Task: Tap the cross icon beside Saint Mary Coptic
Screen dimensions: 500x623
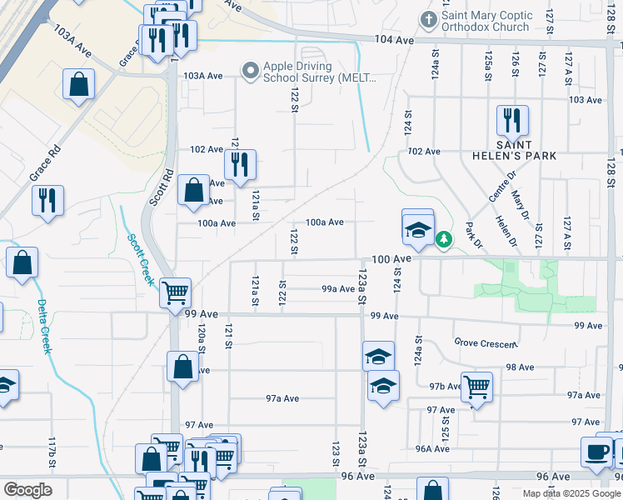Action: (x=429, y=18)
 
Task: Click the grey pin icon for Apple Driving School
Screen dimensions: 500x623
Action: (x=249, y=72)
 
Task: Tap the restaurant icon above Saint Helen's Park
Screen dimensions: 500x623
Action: (x=512, y=120)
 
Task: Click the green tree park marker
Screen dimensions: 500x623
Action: (x=445, y=240)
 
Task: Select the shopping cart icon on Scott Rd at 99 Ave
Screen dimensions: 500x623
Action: (x=175, y=292)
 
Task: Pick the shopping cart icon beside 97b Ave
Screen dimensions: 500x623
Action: (x=476, y=386)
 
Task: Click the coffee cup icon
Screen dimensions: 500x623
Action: (x=596, y=451)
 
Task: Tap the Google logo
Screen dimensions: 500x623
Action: (x=27, y=490)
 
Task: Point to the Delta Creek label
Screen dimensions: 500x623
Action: (x=42, y=327)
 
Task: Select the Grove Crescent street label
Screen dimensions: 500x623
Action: (x=486, y=342)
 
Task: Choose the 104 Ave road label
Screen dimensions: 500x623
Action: (x=394, y=40)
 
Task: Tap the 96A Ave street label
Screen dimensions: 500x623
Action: (x=432, y=448)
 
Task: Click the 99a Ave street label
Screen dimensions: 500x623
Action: (x=338, y=289)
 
